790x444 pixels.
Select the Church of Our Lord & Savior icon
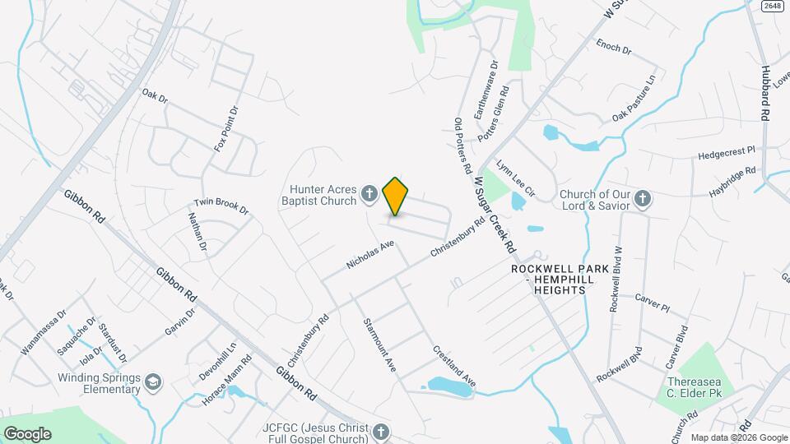[643, 198]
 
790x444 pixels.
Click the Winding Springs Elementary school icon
[153, 382]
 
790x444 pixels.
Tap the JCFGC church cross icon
[380, 432]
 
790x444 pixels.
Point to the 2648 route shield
[771, 6]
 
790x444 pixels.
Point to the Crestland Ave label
[455, 366]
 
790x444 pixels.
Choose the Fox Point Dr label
[225, 128]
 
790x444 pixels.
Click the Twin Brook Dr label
[221, 206]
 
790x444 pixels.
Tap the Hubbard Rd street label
[764, 95]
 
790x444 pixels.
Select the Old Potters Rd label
[462, 145]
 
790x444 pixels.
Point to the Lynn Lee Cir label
[515, 178]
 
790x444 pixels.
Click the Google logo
[27, 433]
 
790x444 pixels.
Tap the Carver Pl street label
[653, 302]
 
